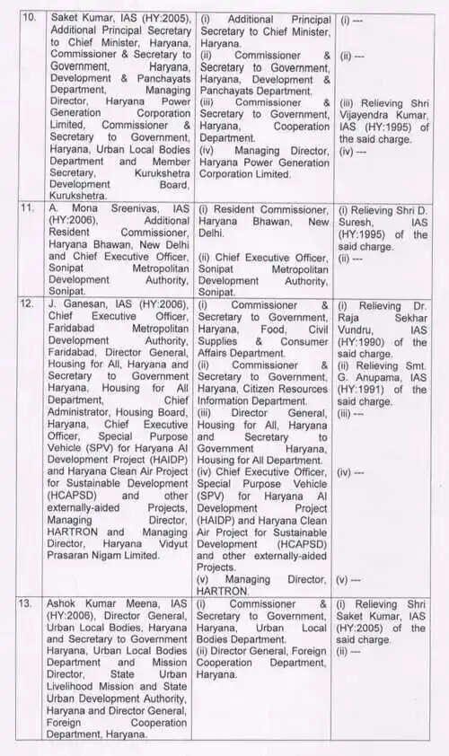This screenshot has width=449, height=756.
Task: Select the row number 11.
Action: point(28,207)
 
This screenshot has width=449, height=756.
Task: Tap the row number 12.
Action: point(28,305)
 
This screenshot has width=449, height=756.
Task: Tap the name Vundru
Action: point(358,330)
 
